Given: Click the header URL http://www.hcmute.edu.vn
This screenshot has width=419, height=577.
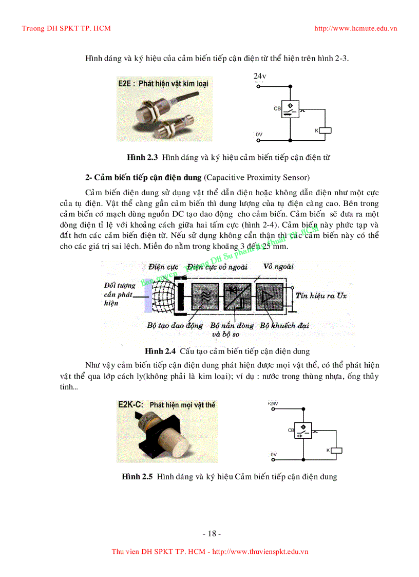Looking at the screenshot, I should [x=355, y=28].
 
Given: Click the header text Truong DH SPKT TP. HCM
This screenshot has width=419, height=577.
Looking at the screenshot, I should [x=66, y=28].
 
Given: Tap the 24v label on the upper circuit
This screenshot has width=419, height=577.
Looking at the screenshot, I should [x=259, y=77].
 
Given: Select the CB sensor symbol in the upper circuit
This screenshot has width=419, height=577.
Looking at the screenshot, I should [x=290, y=109].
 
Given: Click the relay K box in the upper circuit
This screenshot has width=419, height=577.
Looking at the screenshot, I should [x=326, y=130].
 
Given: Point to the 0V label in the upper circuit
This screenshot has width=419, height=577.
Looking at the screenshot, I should [x=259, y=135].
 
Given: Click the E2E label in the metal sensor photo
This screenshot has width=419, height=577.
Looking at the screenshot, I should [x=125, y=83].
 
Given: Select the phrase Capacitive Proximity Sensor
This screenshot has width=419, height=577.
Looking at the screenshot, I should [x=257, y=177].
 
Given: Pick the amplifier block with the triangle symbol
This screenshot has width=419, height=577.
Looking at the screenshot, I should [x=269, y=296].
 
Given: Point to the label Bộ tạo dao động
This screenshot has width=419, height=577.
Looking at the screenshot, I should [x=175, y=326].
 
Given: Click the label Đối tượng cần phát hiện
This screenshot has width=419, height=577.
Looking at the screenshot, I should [x=119, y=294].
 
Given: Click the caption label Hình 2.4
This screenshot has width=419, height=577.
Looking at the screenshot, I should [x=160, y=351].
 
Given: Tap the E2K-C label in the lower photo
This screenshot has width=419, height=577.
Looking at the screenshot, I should [x=130, y=405].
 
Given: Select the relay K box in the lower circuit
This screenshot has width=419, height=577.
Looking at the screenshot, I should [x=337, y=450].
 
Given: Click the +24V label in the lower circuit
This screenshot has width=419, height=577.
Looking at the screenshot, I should [x=273, y=403].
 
